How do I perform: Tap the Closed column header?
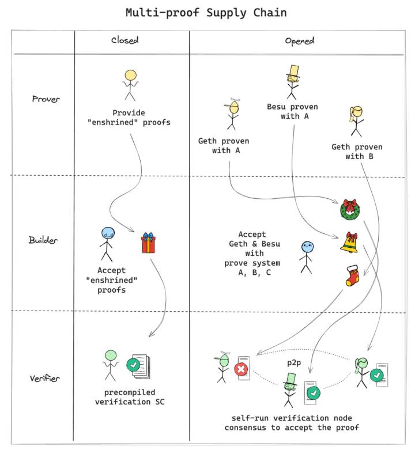coord(125,40)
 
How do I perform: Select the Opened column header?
coord(299,40)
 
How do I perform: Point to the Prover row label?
coord(46,99)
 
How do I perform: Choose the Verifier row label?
coord(44,379)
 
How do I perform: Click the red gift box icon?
coord(149,243)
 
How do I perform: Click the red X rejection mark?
coord(242,369)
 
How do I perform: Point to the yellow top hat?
coord(293,70)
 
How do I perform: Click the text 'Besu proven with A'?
coord(292,111)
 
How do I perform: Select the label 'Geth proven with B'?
coord(357,152)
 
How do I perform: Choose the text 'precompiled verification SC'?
coord(130,396)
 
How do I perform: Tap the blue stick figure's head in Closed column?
coord(107,233)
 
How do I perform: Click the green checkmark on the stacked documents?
coord(134,365)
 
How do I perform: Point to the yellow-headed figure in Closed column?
coord(131,84)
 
